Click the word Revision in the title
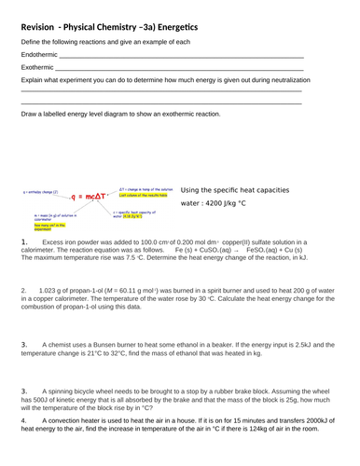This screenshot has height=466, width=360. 48,26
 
